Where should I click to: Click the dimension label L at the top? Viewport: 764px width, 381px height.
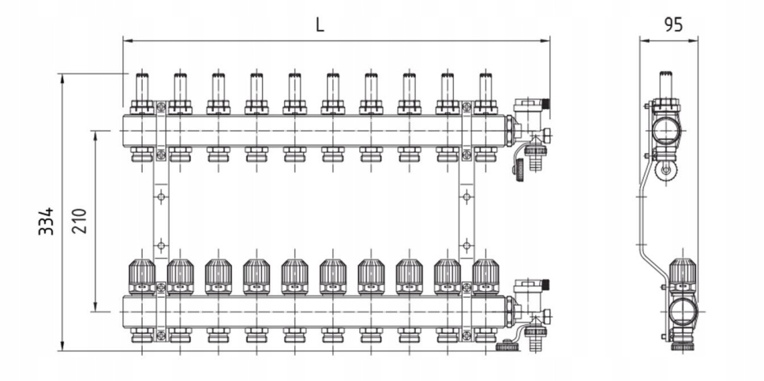[319, 24]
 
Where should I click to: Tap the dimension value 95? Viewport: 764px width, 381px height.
[672, 24]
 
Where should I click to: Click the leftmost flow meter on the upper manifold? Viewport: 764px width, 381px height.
[142, 87]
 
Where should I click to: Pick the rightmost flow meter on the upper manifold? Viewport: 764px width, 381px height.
[485, 87]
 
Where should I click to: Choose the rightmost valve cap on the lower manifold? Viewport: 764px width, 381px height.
[485, 276]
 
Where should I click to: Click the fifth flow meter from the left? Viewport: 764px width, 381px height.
[294, 87]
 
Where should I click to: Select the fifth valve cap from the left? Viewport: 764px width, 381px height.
[294, 276]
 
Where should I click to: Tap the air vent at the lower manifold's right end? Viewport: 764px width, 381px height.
[525, 288]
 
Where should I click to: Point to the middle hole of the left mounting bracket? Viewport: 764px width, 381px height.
[160, 196]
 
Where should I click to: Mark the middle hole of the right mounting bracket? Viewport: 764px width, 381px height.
[466, 196]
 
